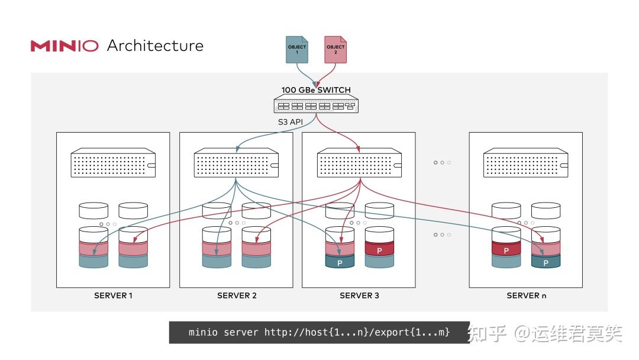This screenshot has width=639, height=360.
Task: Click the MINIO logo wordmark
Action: pos(64,46)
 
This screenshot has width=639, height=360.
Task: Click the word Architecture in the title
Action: pos(155,46)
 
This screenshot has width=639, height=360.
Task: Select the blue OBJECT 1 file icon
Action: pos(297,49)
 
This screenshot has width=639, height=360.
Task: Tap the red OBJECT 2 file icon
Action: pos(335,49)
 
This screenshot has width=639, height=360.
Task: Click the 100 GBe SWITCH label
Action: pos(316,90)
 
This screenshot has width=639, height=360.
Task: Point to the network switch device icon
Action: pos(315,105)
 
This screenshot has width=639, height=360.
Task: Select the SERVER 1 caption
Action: pos(113,295)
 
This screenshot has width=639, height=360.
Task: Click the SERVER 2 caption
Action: pos(237,295)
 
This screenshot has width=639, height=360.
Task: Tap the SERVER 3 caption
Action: pos(359,295)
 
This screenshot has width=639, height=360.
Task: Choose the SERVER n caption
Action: pos(527,295)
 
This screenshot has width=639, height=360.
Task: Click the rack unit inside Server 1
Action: pos(113,164)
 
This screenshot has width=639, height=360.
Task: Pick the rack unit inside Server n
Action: pos(525,164)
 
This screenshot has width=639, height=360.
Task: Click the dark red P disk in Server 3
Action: pos(379,250)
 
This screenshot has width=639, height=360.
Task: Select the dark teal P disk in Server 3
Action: pos(340,261)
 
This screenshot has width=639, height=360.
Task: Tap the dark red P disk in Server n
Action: pos(506,250)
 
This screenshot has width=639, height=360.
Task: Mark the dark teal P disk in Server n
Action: pos(546,261)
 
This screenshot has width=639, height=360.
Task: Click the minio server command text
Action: pos(319,332)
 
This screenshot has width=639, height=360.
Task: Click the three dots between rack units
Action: pos(442,162)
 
